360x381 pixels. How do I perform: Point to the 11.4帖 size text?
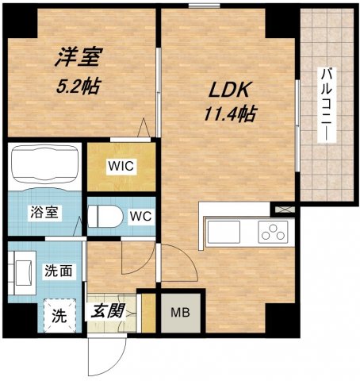click(x=228, y=114)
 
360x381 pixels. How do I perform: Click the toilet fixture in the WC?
click(x=100, y=215)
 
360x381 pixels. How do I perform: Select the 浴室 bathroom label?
click(x=43, y=213)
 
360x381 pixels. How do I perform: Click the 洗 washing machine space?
click(x=59, y=312)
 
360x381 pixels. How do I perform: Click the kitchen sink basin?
click(x=224, y=233)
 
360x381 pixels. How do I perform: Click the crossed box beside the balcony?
click(x=284, y=210)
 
